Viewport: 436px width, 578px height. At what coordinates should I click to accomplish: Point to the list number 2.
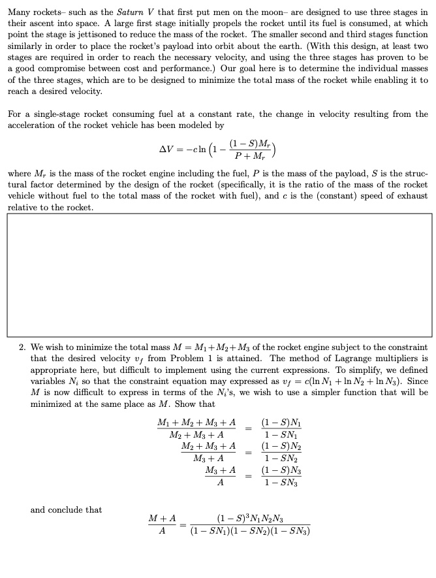click(22, 347)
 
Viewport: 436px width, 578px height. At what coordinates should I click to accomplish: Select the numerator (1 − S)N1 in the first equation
click(278, 423)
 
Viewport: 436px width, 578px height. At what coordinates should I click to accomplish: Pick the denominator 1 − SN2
click(277, 459)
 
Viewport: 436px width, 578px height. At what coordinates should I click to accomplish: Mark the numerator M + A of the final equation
click(163, 518)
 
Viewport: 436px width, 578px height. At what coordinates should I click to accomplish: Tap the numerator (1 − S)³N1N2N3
click(249, 519)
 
